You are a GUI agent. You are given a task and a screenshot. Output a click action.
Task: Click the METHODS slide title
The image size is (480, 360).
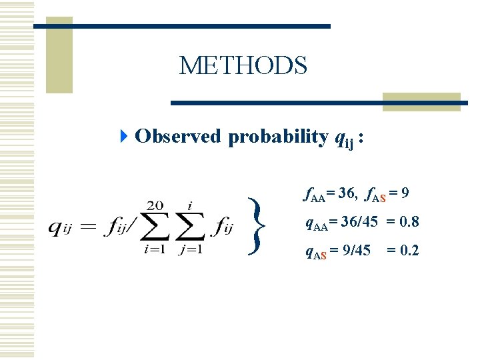pos(243,66)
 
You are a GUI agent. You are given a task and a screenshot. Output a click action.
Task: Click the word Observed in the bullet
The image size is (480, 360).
pos(177,137)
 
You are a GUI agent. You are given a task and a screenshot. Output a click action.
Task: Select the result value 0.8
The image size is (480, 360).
pos(406,223)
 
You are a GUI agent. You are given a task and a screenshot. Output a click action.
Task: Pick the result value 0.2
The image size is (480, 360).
pos(406,251)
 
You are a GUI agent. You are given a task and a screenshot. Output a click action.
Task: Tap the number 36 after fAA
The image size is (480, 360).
pos(345,194)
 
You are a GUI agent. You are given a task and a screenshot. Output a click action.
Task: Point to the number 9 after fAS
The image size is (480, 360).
pos(405,194)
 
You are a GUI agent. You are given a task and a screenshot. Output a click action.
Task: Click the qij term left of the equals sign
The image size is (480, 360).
pos(61,228)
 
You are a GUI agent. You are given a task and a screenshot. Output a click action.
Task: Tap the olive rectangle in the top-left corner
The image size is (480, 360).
pos(59,60)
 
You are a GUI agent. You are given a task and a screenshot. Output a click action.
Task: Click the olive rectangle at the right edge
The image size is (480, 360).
pos(421,101)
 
